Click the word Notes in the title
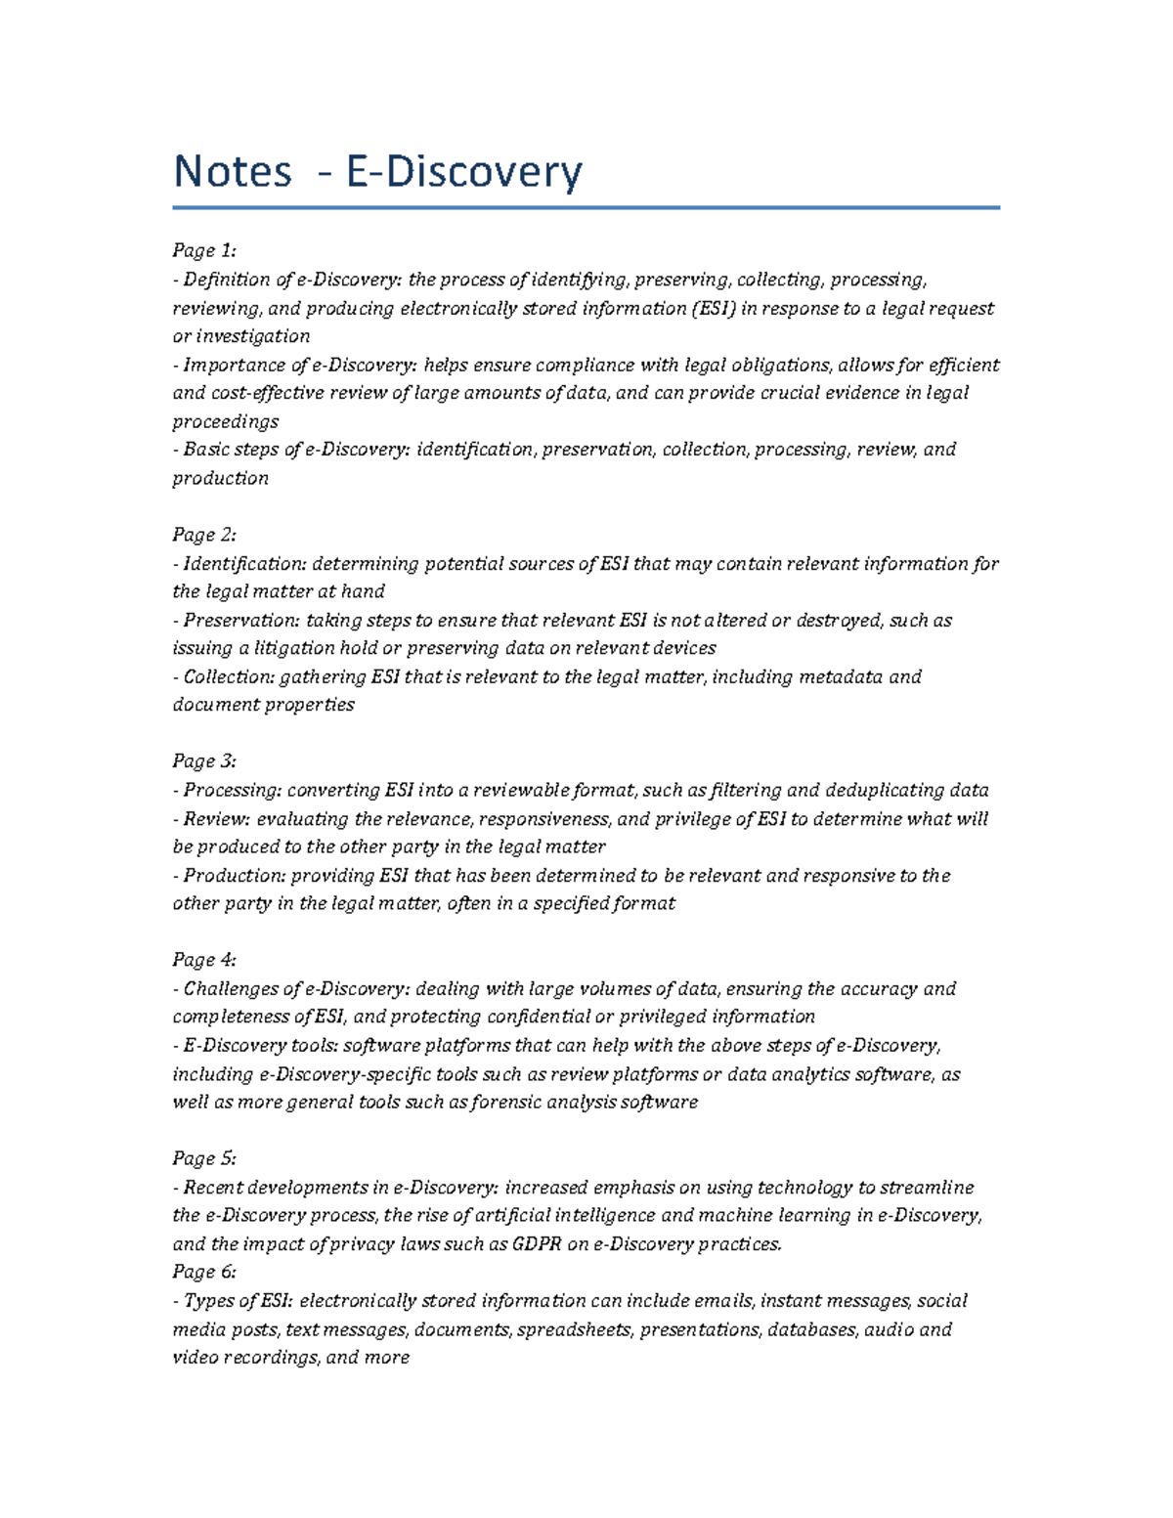coord(233,172)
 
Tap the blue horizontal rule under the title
coord(586,207)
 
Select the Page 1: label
coord(204,250)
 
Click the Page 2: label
coord(204,535)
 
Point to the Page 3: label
coord(204,761)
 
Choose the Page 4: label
coord(204,960)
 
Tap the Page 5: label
coord(204,1159)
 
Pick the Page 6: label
coord(204,1272)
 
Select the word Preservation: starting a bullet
coord(240,621)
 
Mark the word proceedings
coord(226,422)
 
